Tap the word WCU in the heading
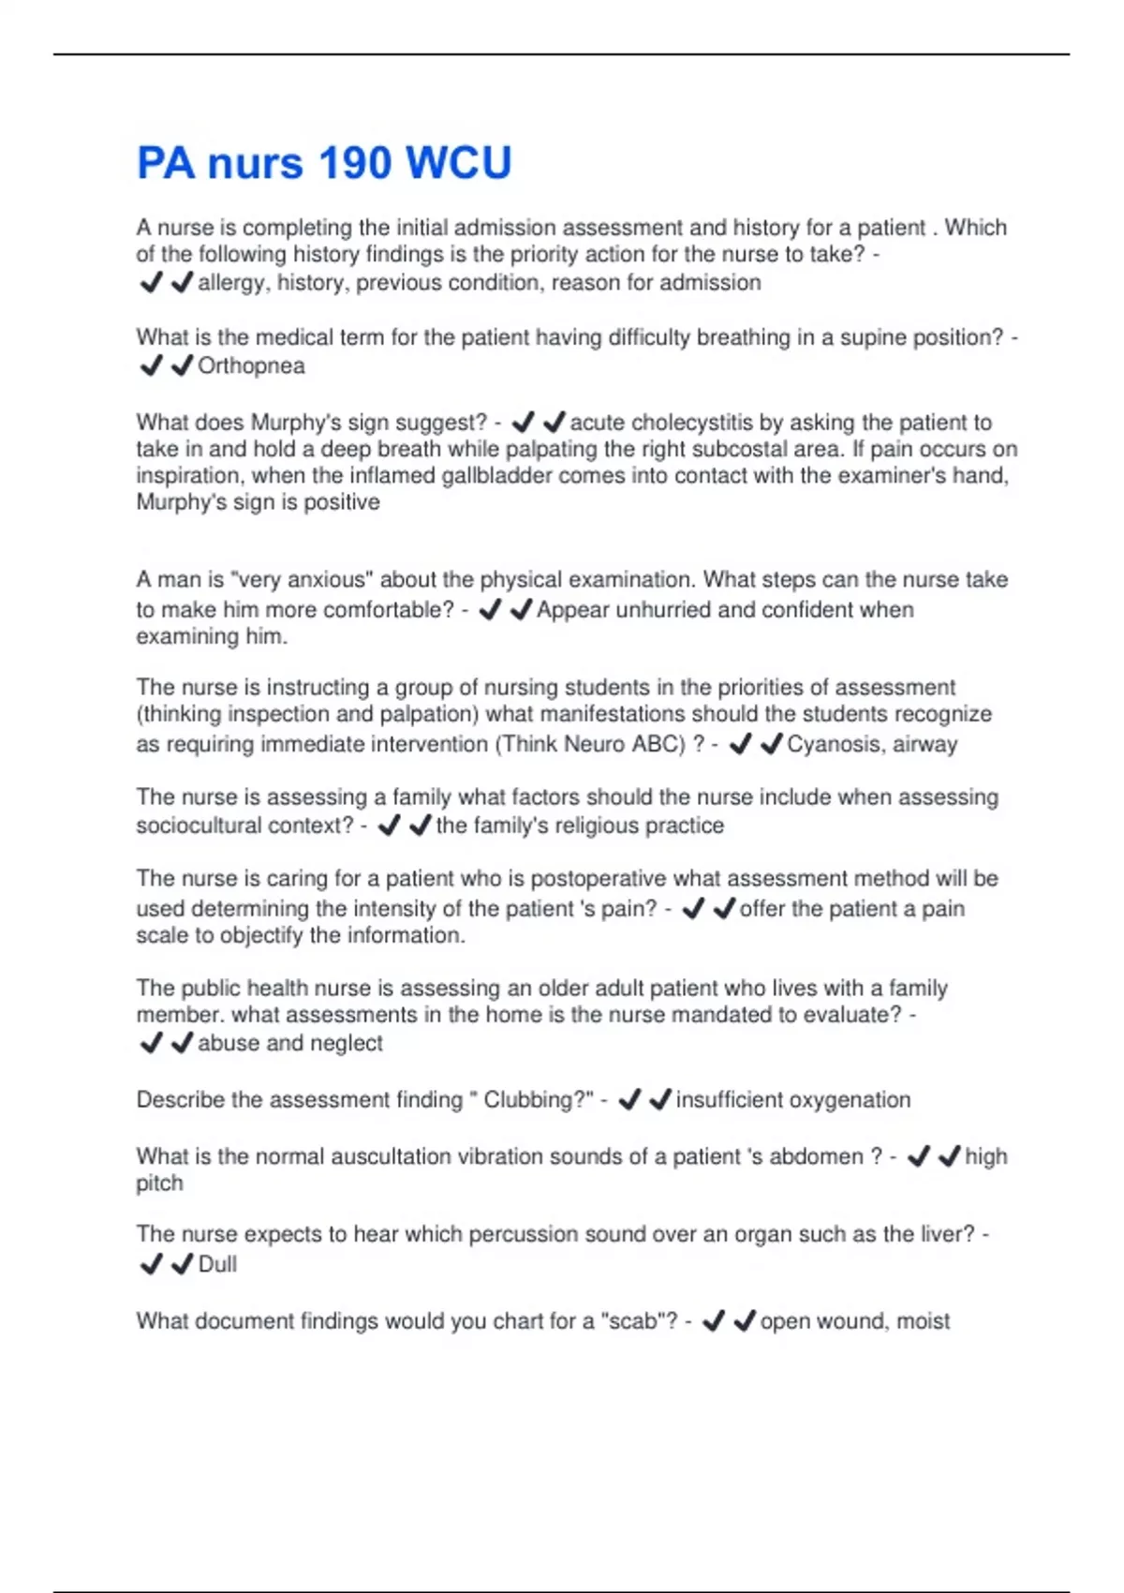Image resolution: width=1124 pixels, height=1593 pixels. coord(459,162)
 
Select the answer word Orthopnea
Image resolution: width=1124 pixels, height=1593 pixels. coord(251,365)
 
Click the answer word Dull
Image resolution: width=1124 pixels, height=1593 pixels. coord(217,1264)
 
